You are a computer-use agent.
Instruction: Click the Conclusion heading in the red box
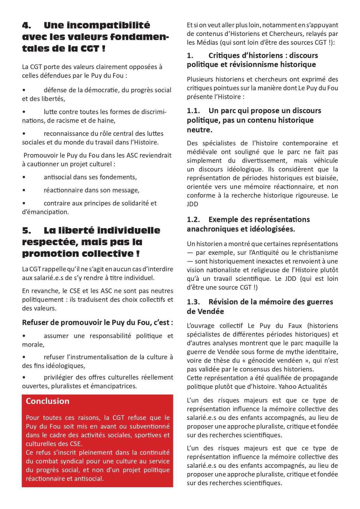pyautogui.click(x=47, y=401)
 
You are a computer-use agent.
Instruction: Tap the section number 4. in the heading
pyautogui.click(x=26, y=25)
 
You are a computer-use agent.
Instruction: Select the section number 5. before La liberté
pyautogui.click(x=26, y=230)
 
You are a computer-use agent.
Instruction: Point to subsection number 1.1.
pyautogui.click(x=193, y=111)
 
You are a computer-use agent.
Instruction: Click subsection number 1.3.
pyautogui.click(x=193, y=302)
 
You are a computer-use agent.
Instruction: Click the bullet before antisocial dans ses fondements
pyautogui.click(x=24, y=177)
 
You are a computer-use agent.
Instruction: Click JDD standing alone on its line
pyautogui.click(x=192, y=204)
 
